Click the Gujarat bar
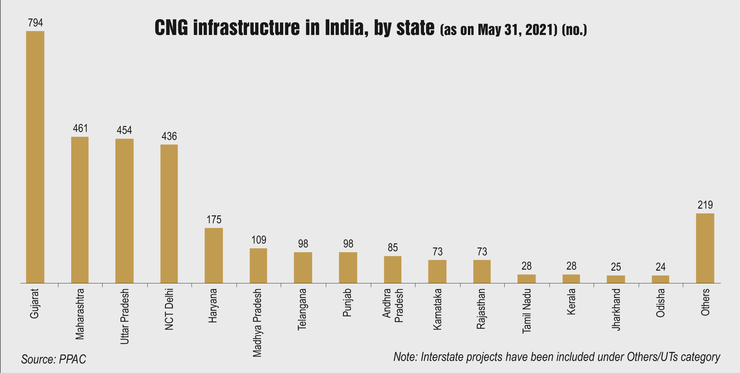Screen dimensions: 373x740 [35, 157]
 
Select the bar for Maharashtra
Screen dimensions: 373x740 [80, 210]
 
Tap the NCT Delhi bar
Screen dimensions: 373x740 [169, 214]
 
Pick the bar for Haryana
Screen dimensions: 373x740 [214, 255]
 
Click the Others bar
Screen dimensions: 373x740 [705, 248]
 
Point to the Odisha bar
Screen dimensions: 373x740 [660, 279]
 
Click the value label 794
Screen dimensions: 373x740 [35, 23]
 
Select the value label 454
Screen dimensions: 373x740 [124, 130]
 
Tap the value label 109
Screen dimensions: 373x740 [258, 240]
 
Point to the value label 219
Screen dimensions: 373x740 [705, 205]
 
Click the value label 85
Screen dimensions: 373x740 [393, 247]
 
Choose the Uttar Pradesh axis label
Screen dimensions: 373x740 [125, 316]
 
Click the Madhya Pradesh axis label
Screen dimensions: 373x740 [257, 322]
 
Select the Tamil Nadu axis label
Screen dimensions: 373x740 [527, 311]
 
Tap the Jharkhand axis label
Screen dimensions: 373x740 [616, 309]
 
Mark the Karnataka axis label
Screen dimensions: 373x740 [437, 309]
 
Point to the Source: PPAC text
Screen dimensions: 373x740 [54, 359]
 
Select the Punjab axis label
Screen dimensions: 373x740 [347, 302]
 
